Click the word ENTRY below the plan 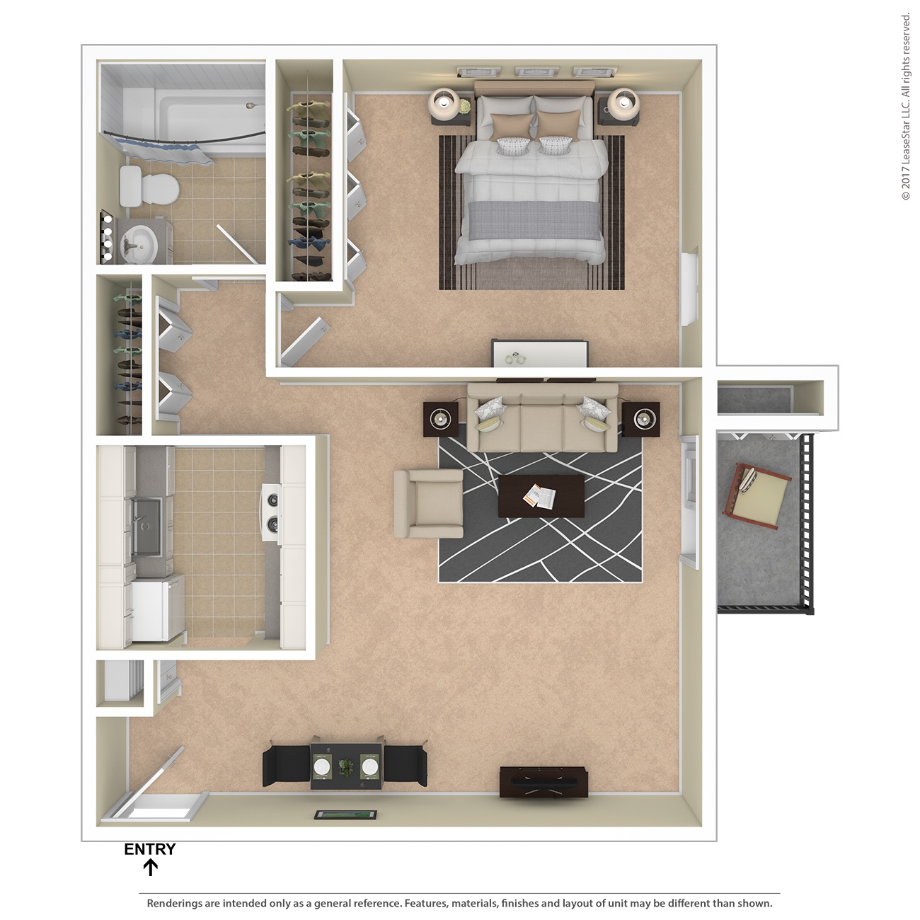pyautogui.click(x=149, y=849)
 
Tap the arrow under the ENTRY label pyautogui.click(x=150, y=868)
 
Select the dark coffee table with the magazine pyautogui.click(x=541, y=496)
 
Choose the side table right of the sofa pyautogui.click(x=641, y=419)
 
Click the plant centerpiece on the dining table pyautogui.click(x=346, y=765)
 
